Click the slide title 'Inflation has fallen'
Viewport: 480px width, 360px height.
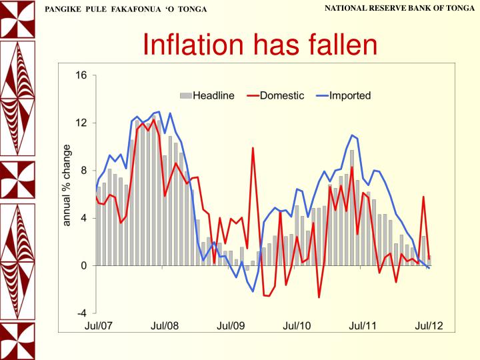(x=261, y=45)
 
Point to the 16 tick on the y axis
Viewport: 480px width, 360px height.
(x=81, y=75)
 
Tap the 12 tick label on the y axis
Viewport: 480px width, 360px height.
(x=81, y=123)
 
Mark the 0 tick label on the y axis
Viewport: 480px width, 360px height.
(x=83, y=265)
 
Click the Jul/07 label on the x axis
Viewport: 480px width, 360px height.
(x=97, y=325)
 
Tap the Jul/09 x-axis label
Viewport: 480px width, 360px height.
(x=231, y=325)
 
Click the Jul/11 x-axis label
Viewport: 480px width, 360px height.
(x=363, y=325)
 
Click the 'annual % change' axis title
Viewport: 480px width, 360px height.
(x=67, y=185)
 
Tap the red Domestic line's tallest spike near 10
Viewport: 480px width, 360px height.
(x=253, y=149)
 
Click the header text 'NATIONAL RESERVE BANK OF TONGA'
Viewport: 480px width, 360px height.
(x=400, y=7)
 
